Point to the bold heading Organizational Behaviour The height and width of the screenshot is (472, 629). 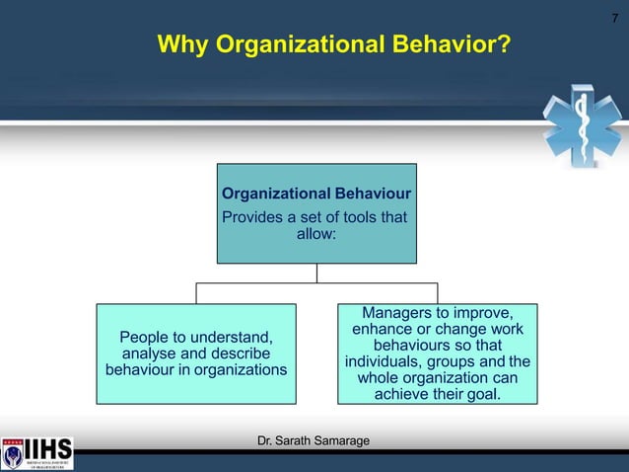pos(316,193)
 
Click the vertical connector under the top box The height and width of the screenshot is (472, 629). pos(316,274)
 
